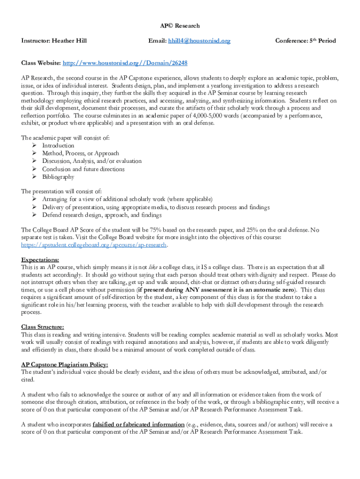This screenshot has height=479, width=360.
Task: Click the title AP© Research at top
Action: (x=180, y=26)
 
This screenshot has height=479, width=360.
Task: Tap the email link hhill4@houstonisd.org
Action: (x=199, y=41)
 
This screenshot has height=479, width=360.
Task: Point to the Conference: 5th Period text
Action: (x=305, y=41)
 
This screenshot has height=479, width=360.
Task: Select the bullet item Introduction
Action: (x=58, y=145)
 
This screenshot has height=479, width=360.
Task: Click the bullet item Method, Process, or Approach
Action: (x=80, y=153)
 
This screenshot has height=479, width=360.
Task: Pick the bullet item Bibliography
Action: (x=58, y=177)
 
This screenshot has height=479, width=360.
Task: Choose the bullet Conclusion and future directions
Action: (x=83, y=169)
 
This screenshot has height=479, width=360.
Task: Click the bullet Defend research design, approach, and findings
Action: (x=101, y=215)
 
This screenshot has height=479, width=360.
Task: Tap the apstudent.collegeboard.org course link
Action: (x=94, y=245)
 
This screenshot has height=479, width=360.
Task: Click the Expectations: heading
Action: (x=40, y=260)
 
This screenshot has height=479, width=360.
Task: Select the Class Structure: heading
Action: (x=43, y=327)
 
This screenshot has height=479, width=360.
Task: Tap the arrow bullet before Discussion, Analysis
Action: (x=35, y=161)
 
